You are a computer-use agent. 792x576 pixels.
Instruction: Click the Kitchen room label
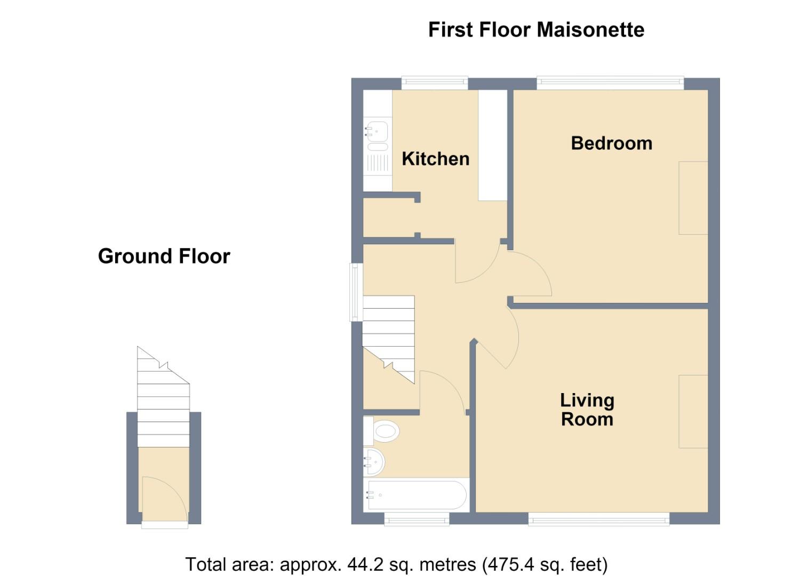click(x=435, y=159)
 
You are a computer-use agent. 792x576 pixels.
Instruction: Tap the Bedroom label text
click(x=611, y=143)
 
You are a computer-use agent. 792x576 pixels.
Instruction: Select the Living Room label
click(x=587, y=410)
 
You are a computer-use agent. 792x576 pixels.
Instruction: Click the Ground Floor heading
click(x=164, y=256)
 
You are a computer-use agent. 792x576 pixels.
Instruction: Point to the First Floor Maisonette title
click(x=536, y=29)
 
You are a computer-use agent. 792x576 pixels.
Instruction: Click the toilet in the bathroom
click(x=381, y=431)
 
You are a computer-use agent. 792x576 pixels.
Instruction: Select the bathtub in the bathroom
click(x=417, y=495)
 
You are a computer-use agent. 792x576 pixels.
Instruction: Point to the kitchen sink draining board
click(x=378, y=164)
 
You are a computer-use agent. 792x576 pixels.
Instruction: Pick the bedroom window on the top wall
click(x=610, y=83)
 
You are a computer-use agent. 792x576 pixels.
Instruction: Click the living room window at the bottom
click(x=599, y=519)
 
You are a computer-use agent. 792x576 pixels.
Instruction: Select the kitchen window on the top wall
click(x=435, y=83)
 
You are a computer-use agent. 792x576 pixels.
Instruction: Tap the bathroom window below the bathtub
click(x=417, y=519)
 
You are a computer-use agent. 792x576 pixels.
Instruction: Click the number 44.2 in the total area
click(x=365, y=564)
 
